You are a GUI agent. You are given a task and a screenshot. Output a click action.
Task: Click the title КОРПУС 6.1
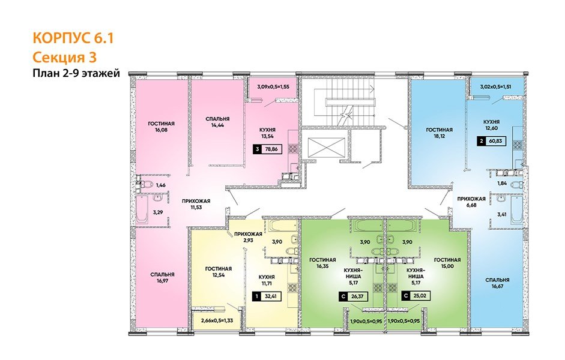(72, 40)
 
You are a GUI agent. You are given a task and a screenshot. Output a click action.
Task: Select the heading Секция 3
(64, 58)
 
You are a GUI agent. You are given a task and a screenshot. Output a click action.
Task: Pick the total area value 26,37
(360, 296)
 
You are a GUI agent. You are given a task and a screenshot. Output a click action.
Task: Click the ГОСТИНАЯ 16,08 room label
(161, 130)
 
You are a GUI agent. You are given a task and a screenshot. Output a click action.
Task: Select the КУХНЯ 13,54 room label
(268, 133)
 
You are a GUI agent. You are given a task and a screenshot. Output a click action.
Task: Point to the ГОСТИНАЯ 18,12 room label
(439, 133)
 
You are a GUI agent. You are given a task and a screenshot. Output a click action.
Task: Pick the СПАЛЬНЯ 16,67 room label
(498, 283)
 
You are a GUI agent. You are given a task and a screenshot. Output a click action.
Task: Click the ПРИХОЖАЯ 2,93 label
(248, 237)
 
